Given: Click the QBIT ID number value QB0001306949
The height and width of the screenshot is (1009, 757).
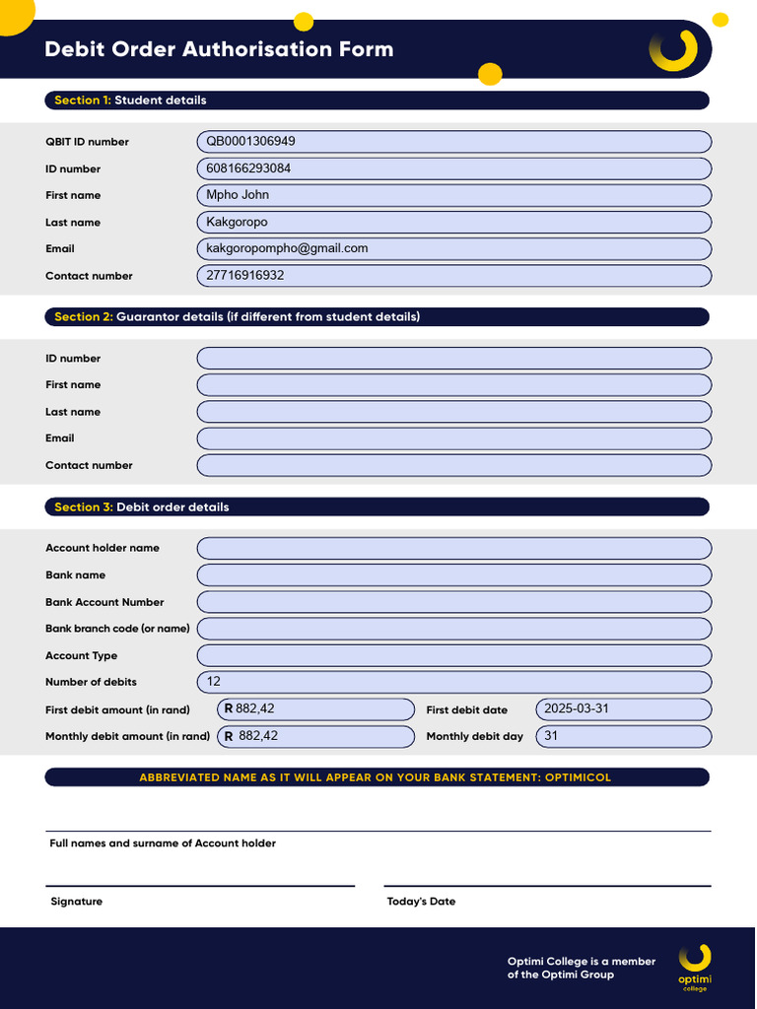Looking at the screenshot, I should (x=250, y=141).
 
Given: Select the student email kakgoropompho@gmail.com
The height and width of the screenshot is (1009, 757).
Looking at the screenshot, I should (x=287, y=248).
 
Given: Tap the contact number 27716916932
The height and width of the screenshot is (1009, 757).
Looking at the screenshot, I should (x=244, y=275).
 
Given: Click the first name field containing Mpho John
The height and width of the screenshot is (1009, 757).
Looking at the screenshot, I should (x=238, y=195).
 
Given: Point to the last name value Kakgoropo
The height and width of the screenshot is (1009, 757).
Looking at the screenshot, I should (x=237, y=222).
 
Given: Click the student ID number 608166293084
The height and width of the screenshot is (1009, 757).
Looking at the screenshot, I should (x=248, y=168).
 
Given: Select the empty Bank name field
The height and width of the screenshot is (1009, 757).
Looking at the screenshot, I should (x=453, y=575).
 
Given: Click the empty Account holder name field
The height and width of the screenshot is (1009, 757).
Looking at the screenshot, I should (x=453, y=548).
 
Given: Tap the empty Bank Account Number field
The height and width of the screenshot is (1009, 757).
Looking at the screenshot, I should (x=453, y=602).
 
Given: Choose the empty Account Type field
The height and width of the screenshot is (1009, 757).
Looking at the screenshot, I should (x=453, y=655).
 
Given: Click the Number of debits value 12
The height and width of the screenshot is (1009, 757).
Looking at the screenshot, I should (x=214, y=682).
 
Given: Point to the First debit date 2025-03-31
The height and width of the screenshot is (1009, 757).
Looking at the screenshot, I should (x=576, y=708).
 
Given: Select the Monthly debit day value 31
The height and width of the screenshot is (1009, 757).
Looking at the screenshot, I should (x=551, y=736).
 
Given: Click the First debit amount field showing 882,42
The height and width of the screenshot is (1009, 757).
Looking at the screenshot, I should (x=255, y=708).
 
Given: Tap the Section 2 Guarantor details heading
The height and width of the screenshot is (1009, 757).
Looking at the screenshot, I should (x=237, y=317).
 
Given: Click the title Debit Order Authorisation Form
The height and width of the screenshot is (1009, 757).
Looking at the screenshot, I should (x=219, y=49).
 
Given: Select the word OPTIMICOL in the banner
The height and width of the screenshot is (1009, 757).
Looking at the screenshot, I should (x=577, y=777).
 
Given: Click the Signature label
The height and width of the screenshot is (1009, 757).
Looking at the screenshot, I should (x=76, y=902).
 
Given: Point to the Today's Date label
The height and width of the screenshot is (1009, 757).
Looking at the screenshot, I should (x=421, y=902).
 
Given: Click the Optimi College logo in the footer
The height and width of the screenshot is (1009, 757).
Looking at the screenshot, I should (x=694, y=967).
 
